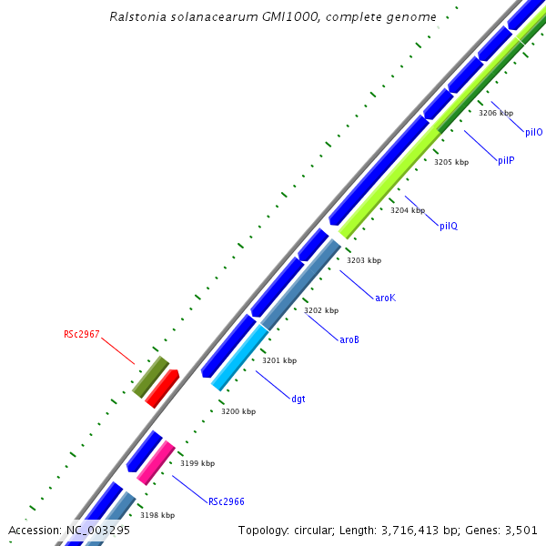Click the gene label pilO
point(534,132)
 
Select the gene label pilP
point(506,160)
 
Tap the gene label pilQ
point(449,226)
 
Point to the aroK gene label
point(386,298)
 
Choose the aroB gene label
point(349,339)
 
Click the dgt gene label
point(298,398)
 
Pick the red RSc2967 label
point(82,334)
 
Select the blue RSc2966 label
point(227,501)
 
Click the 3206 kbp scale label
point(496,114)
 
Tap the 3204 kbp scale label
point(408,210)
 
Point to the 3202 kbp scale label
point(321,310)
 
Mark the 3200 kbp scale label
point(238,411)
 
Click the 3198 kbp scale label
point(157,515)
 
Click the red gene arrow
point(161,389)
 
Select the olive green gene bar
point(150,377)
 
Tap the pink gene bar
point(156,462)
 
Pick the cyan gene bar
point(239,358)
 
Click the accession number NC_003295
point(97,530)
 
